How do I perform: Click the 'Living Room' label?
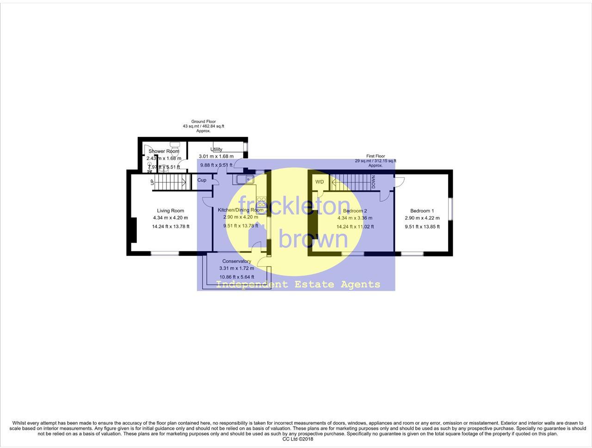tap(170, 211)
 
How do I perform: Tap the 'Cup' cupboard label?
tap(202, 180)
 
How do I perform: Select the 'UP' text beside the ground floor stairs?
tap(152, 182)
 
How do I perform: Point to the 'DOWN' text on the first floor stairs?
tap(373, 182)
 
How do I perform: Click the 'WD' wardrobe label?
tap(320, 182)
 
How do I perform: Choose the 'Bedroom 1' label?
tap(422, 211)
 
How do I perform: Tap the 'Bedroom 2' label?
tap(355, 211)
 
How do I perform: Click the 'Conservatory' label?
tap(236, 261)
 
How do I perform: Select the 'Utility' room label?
tap(216, 149)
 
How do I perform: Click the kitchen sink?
tap(243, 180)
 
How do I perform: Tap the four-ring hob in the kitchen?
tap(261, 202)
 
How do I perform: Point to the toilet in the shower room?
tap(174, 146)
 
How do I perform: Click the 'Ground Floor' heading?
tap(203, 122)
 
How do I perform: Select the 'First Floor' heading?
tap(376, 156)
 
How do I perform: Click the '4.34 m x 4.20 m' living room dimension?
tap(170, 218)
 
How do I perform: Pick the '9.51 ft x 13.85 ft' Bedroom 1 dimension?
tap(422, 227)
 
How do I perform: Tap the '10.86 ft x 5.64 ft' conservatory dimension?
tap(236, 277)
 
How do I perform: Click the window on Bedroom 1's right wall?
tap(450, 208)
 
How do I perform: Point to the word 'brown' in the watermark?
tap(313, 239)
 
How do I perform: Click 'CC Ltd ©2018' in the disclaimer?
tap(297, 439)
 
